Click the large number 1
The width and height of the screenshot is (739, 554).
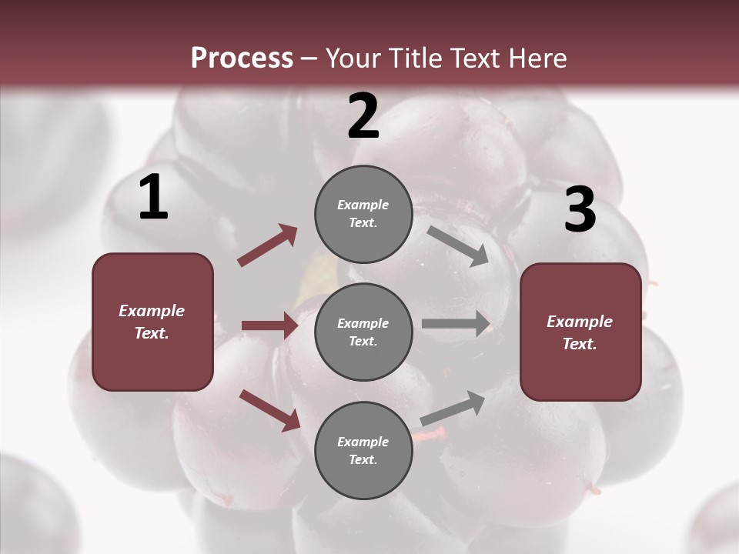pyautogui.click(x=153, y=198)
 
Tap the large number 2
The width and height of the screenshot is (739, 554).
pyautogui.click(x=363, y=116)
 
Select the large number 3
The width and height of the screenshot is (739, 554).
pyautogui.click(x=580, y=209)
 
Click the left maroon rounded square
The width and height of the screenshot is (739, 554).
pyautogui.click(x=152, y=322)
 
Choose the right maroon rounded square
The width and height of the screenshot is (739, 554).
pyautogui.click(x=580, y=332)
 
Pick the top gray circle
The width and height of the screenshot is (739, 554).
pyautogui.click(x=363, y=214)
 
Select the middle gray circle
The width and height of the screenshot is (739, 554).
pyautogui.click(x=363, y=332)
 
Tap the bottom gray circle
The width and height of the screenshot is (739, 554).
pyautogui.click(x=363, y=451)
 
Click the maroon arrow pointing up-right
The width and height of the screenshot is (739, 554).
pyautogui.click(x=268, y=245)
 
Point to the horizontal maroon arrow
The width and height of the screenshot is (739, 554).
pyautogui.click(x=269, y=325)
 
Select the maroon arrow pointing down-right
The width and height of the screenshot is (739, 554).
pyautogui.click(x=269, y=409)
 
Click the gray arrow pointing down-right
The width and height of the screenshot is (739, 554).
pyautogui.click(x=458, y=246)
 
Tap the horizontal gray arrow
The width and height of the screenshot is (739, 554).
pyautogui.click(x=456, y=324)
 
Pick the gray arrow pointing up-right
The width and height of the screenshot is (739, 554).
pyautogui.click(x=453, y=408)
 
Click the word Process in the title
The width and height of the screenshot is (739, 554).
pyautogui.click(x=242, y=58)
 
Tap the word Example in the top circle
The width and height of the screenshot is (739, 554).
pyautogui.click(x=363, y=205)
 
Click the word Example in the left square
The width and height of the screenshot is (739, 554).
pyautogui.click(x=152, y=311)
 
